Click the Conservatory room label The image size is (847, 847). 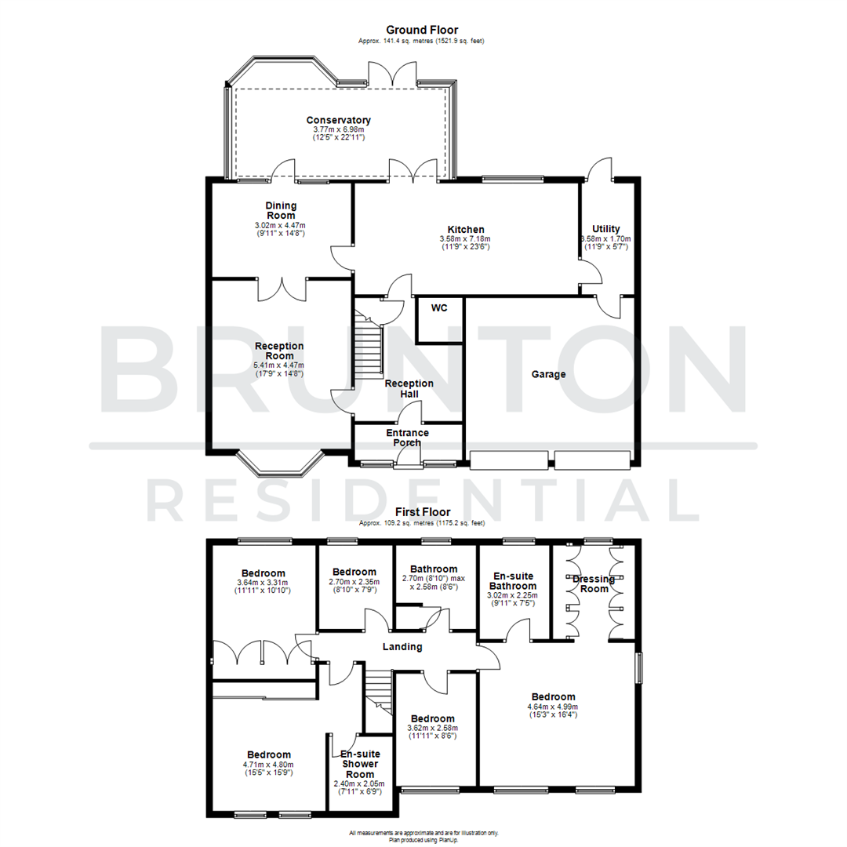[x=338, y=120]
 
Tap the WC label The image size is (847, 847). [x=438, y=308]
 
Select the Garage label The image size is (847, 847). [x=549, y=374]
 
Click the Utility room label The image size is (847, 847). [x=606, y=229]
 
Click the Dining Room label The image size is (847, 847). [x=281, y=210]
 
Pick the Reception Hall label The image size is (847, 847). [x=409, y=389]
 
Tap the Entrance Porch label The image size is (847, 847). [x=407, y=438]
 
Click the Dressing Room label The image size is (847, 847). [x=594, y=583]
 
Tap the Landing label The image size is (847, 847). [x=402, y=647]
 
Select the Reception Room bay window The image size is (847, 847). [x=280, y=464]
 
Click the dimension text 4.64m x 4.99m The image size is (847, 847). [x=553, y=706]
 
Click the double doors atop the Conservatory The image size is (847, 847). [x=379, y=75]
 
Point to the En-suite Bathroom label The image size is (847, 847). [x=514, y=580]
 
